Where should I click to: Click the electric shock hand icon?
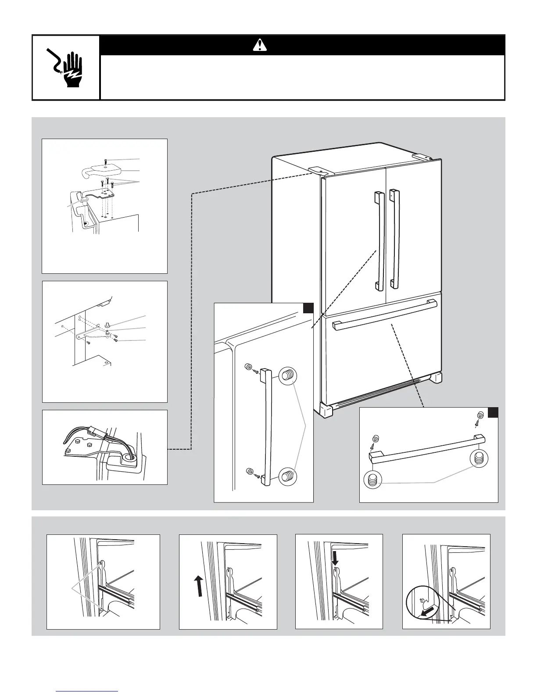(66, 68)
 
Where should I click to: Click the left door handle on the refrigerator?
(379, 241)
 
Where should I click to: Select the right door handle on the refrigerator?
(394, 239)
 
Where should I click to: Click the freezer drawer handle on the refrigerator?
(385, 312)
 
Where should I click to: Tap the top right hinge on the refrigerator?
(423, 156)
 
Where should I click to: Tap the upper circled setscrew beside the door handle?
(288, 376)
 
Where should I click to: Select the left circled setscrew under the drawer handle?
(372, 479)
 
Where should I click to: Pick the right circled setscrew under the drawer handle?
(478, 458)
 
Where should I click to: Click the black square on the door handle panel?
(308, 308)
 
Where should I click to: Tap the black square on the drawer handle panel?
(493, 413)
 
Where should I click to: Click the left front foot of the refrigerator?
(327, 410)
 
